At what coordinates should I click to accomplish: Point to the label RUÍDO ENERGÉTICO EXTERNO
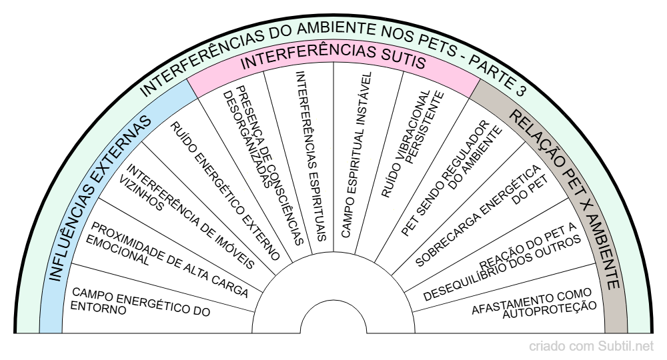(x=223, y=191)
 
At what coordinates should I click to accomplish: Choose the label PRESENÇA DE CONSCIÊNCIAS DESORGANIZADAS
(x=263, y=164)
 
